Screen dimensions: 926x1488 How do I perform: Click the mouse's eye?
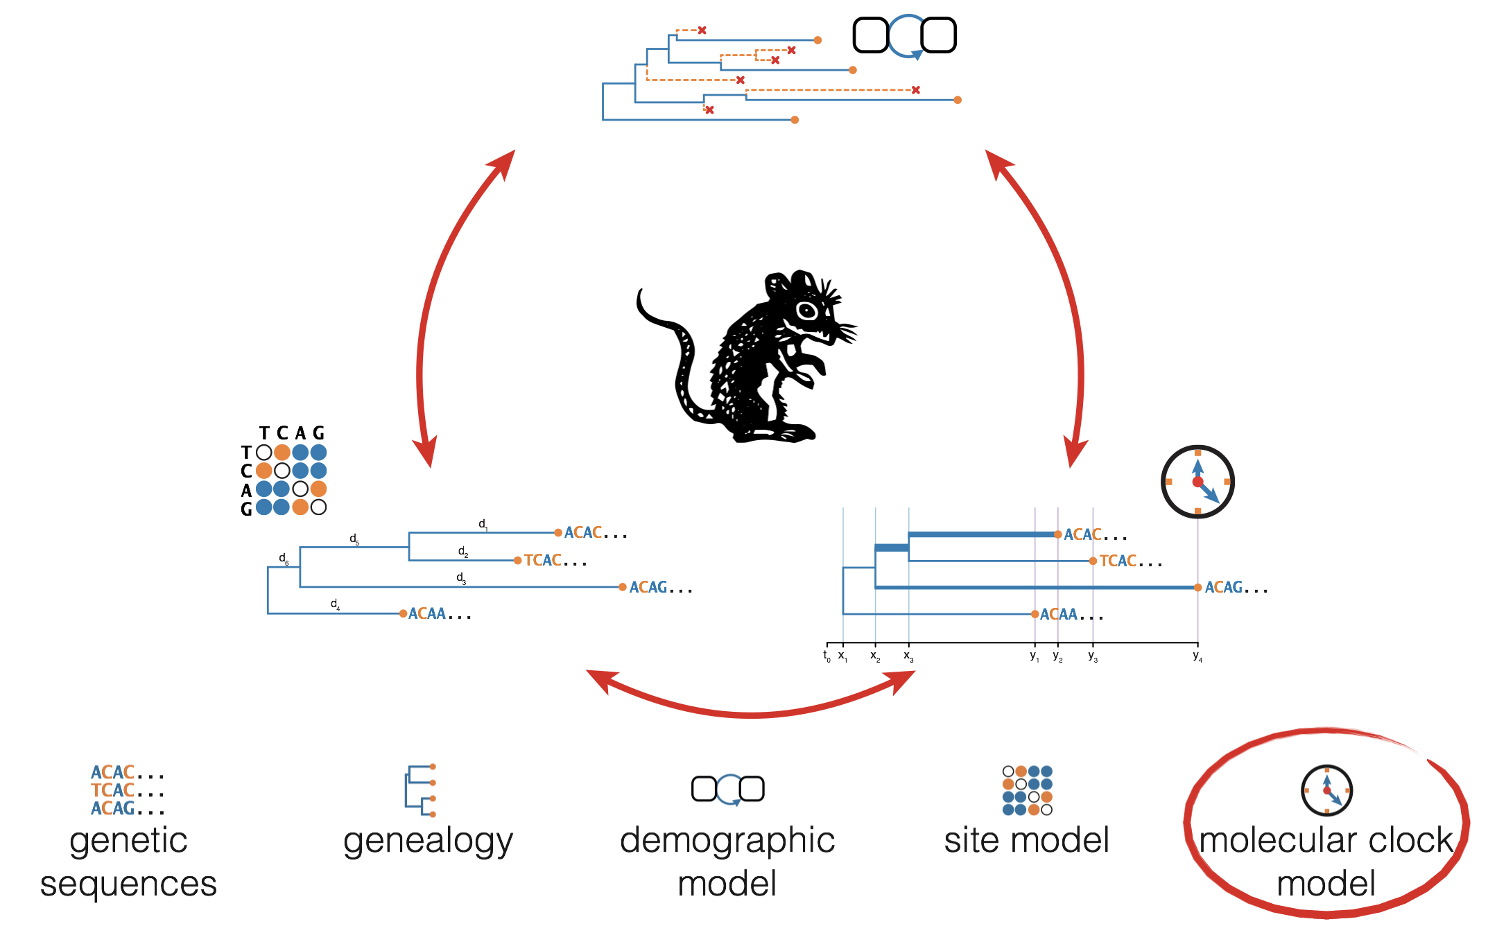(x=807, y=310)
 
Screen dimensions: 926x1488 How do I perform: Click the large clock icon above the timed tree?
(x=1197, y=481)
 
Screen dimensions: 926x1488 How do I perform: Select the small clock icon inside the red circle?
(x=1326, y=790)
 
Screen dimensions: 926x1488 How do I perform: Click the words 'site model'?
(x=1026, y=840)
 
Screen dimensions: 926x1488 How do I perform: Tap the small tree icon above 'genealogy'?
(x=421, y=791)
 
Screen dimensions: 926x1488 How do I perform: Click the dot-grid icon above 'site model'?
(x=1027, y=790)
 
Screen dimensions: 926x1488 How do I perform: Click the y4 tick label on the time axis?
(x=1197, y=656)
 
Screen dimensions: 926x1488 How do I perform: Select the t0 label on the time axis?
(x=827, y=656)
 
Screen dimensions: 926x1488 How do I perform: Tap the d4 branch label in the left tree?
(x=335, y=604)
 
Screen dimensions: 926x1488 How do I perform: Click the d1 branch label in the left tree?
(x=483, y=525)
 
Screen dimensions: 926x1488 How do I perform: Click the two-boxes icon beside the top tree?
(x=904, y=35)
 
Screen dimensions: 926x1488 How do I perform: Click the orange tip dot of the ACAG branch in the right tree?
(x=1197, y=588)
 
